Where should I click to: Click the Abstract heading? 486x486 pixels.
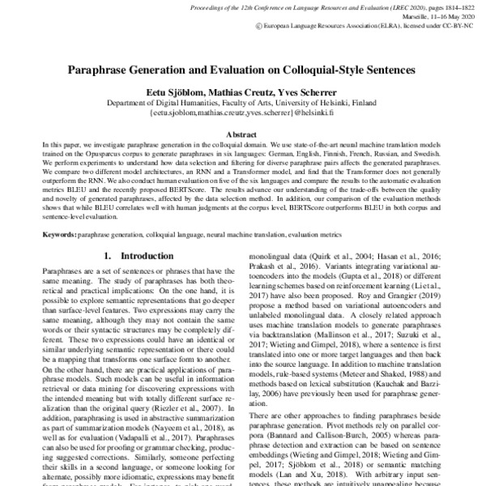pos(243,134)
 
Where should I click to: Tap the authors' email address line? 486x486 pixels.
pos(243,115)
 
